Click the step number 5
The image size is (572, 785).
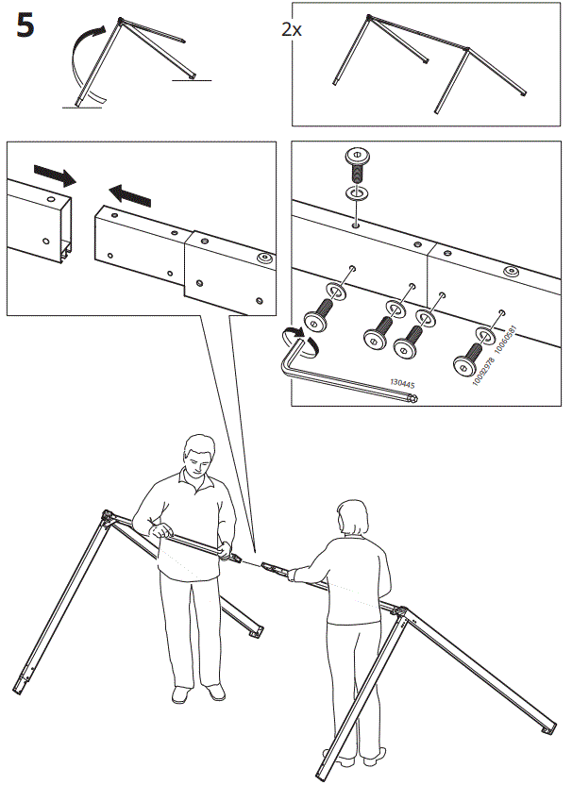coord(25,25)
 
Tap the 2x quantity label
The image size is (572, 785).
coord(293,29)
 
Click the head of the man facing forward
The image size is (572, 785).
coord(198,458)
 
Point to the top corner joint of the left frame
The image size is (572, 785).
coord(108,516)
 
